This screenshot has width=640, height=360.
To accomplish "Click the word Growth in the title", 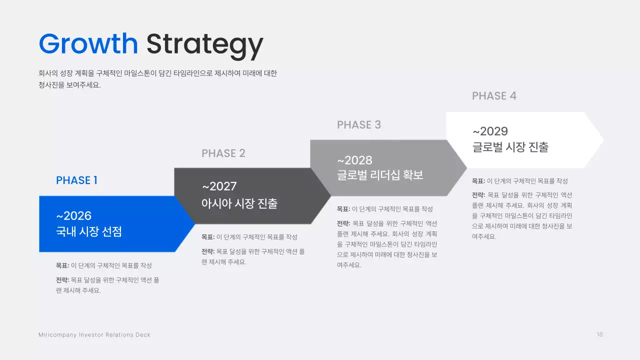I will tap(88, 44).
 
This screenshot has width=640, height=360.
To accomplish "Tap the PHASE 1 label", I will tap(76, 180).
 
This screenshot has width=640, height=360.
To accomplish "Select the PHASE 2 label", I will tap(223, 153).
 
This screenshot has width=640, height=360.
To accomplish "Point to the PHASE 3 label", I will tap(359, 125).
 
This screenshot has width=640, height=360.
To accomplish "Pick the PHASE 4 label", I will tap(494, 96).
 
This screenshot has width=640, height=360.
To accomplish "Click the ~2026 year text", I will tap(73, 215).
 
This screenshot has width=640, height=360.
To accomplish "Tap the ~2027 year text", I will tap(219, 186).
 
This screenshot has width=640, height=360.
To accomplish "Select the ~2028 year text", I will tap(354, 160).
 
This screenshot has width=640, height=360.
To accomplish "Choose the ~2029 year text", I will tap(490, 131).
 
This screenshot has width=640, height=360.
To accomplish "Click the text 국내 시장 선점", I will tap(89, 232).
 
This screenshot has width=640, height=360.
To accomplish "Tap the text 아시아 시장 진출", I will tap(239, 203).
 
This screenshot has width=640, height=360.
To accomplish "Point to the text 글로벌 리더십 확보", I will tap(380, 175).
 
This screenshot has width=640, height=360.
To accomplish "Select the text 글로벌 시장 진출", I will tap(510, 147).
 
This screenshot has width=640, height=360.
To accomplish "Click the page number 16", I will tap(599, 334).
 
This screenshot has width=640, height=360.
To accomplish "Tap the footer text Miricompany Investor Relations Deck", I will tap(94, 334).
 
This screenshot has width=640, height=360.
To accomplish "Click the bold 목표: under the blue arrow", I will tap(62, 265).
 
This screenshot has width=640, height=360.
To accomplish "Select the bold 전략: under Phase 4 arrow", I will tap(478, 195).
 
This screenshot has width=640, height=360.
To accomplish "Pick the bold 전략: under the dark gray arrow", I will tap(208, 251).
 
